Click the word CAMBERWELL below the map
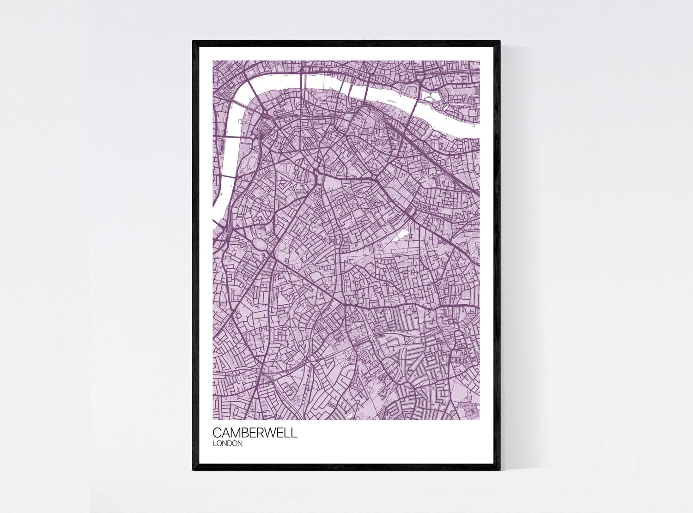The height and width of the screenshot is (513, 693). click(255, 434)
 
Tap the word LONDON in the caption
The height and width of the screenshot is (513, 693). click(227, 444)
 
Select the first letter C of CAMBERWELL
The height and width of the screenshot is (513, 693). click(217, 434)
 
